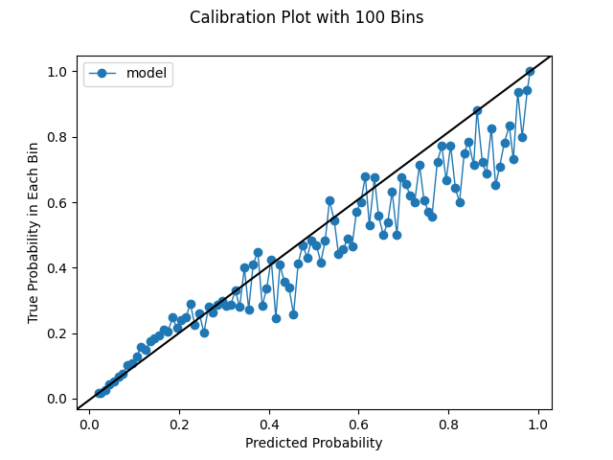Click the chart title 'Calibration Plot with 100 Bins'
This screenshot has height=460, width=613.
(x=306, y=17)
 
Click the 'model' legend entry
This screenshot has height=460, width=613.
(x=146, y=74)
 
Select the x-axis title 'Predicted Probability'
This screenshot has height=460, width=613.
(x=313, y=443)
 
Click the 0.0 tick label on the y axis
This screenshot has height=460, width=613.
(x=58, y=399)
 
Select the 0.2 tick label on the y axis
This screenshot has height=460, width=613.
(x=58, y=333)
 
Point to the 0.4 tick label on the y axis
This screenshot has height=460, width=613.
(x=58, y=268)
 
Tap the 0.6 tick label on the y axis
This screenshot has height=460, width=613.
(x=58, y=202)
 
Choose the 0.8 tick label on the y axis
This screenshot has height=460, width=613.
(x=58, y=137)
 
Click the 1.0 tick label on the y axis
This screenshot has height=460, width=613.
(x=58, y=72)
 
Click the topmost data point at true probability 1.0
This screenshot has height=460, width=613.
(x=530, y=72)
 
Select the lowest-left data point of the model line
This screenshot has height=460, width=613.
(x=100, y=392)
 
